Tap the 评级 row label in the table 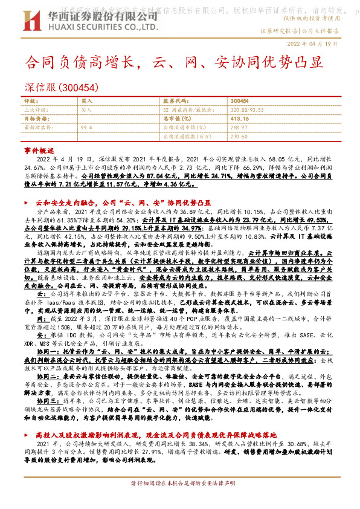tap(31, 101)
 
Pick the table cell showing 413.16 tap(240, 118)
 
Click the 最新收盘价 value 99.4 tap(86, 128)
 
